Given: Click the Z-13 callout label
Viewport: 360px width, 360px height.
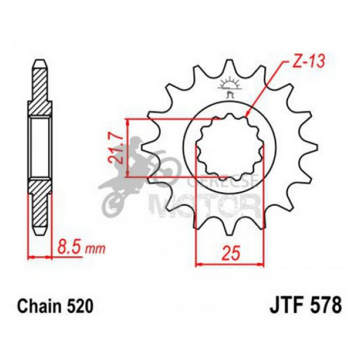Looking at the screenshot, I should point(307,61).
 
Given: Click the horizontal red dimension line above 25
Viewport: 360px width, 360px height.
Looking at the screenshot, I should point(229,265).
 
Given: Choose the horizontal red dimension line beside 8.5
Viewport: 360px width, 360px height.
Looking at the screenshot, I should point(40,257).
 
